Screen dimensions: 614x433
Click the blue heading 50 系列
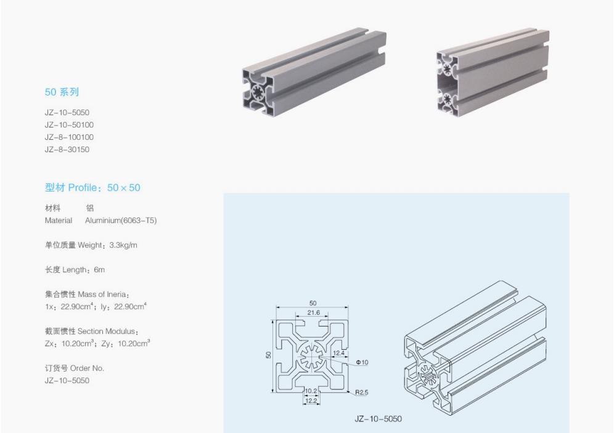point(62,92)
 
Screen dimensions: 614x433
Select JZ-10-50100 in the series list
point(69,125)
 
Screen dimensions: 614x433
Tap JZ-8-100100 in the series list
point(69,137)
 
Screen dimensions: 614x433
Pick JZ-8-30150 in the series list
point(67,150)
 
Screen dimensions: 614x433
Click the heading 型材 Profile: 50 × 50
point(92,188)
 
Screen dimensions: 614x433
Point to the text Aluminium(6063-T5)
point(121,221)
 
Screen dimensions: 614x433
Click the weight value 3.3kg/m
point(123,245)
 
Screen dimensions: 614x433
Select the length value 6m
point(99,270)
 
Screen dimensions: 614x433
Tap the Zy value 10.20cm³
point(134,343)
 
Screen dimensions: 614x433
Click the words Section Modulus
point(107,331)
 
